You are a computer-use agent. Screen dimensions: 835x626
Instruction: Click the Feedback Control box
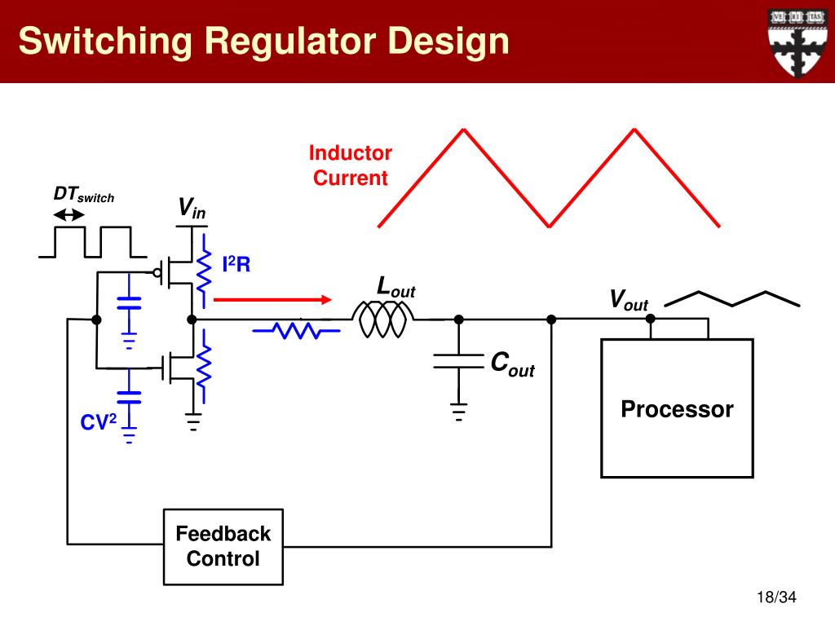click(x=223, y=547)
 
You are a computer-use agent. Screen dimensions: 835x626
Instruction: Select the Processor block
click(x=677, y=408)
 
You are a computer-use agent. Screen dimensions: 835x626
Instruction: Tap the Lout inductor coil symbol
click(x=382, y=320)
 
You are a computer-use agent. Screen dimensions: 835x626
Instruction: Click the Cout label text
click(x=512, y=364)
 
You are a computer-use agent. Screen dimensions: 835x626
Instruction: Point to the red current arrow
click(x=272, y=300)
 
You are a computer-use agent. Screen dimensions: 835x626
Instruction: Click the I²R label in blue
click(x=236, y=264)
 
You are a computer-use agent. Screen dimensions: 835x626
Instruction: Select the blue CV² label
click(x=98, y=422)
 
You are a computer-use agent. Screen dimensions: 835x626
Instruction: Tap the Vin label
click(x=192, y=208)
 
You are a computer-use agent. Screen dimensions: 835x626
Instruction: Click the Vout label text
click(x=629, y=300)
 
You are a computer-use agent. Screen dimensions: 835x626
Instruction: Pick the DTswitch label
click(x=84, y=194)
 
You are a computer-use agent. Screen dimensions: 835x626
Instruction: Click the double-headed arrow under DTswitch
click(x=68, y=215)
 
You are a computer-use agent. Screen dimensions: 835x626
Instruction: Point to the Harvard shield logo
click(x=797, y=42)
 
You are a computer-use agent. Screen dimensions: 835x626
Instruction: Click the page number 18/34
click(x=776, y=597)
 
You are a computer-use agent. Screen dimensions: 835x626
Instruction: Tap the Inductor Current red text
click(x=351, y=165)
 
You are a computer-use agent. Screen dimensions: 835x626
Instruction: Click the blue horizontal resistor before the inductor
click(x=296, y=331)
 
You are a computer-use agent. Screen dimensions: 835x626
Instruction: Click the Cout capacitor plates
click(x=458, y=361)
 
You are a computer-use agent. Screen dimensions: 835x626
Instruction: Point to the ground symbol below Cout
click(x=458, y=412)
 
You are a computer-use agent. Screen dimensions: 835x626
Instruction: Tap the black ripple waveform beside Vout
click(x=732, y=299)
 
